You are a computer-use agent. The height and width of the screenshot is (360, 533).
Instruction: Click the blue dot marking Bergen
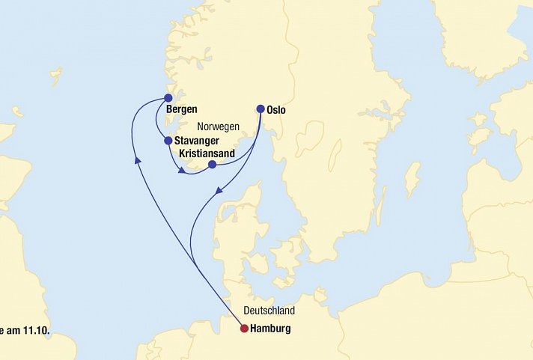pyautogui.click(x=168, y=98)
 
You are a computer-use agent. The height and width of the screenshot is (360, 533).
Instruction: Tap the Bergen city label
pyautogui.click(x=182, y=110)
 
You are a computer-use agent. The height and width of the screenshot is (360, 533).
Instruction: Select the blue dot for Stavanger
pyautogui.click(x=168, y=140)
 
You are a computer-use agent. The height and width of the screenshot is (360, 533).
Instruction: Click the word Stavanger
pyautogui.click(x=196, y=141)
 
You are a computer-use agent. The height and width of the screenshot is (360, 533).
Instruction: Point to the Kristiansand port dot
pyautogui.click(x=212, y=165)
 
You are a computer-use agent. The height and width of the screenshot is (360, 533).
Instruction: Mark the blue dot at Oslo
pyautogui.click(x=261, y=109)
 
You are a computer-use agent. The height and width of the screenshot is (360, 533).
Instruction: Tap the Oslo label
pyautogui.click(x=276, y=111)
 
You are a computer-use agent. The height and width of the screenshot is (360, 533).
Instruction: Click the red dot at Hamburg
pyautogui.click(x=244, y=328)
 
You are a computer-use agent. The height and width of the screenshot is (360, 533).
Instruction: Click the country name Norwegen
pyautogui.click(x=217, y=127)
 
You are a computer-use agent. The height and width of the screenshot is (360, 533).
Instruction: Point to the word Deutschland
pyautogui.click(x=269, y=311)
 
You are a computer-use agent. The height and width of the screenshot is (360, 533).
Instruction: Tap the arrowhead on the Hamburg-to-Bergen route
pyautogui.click(x=137, y=159)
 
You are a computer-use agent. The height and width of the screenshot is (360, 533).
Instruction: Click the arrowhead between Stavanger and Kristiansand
pyautogui.click(x=183, y=172)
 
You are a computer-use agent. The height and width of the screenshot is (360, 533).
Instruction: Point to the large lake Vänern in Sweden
pyautogui.click(x=308, y=138)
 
